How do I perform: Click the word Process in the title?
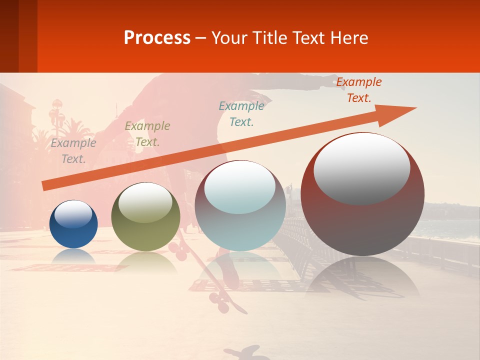tap(157, 38)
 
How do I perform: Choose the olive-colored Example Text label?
tap(147, 134)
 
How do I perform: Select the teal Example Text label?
tap(241, 113)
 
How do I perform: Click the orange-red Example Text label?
tap(359, 90)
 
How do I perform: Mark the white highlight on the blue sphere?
tap(73, 214)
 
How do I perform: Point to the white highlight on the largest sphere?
tap(362, 168)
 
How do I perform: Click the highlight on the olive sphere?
tap(145, 202)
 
